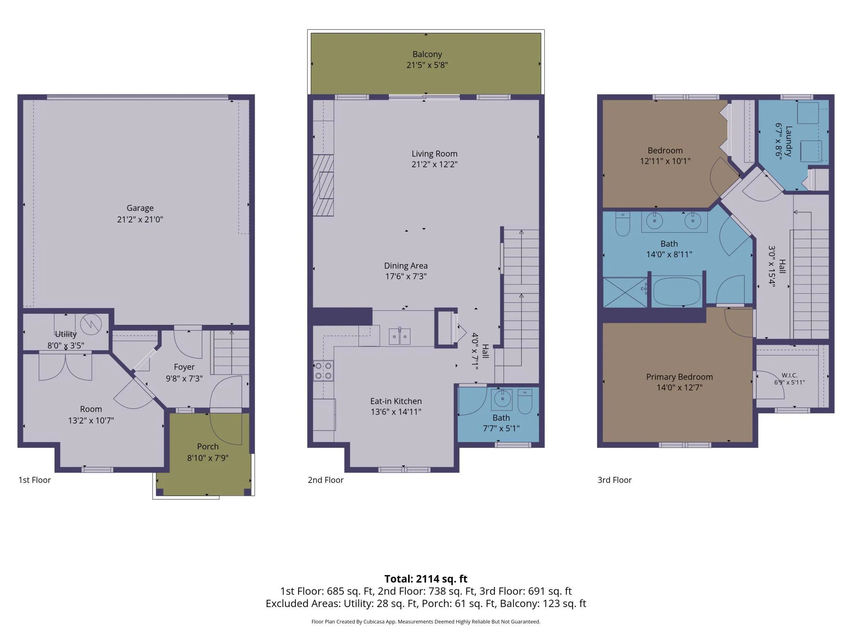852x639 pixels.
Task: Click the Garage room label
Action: point(140,208)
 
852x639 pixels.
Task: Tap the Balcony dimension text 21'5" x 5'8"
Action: point(427,65)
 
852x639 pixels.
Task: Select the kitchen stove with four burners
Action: point(323,371)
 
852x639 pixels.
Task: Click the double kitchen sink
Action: point(399,336)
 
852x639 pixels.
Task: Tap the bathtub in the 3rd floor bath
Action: point(677,292)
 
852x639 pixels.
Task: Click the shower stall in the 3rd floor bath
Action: point(625,292)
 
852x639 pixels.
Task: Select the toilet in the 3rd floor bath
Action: point(623,224)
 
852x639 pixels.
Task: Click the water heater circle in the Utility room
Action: point(91,324)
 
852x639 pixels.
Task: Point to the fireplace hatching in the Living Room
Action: point(323,185)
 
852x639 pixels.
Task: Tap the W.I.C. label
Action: point(789,375)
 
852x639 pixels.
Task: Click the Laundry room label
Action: point(789,141)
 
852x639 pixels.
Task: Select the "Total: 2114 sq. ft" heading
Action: point(426,579)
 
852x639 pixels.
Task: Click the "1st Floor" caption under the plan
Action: point(34,480)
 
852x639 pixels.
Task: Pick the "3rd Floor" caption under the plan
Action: point(614,480)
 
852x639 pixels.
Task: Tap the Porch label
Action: point(208,446)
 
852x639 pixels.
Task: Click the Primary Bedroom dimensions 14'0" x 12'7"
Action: point(680,387)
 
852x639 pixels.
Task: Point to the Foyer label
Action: point(184,367)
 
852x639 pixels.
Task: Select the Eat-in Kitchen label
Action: point(396,401)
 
